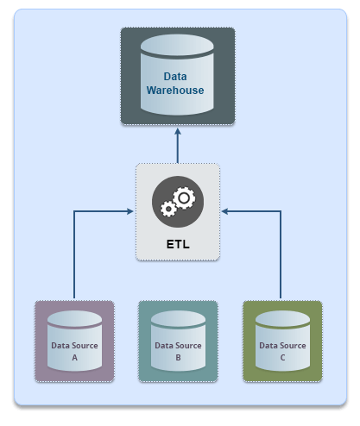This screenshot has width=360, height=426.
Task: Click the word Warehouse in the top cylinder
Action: coord(175,91)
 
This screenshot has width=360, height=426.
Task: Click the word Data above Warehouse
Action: coord(175,77)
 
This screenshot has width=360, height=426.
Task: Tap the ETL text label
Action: coord(178,244)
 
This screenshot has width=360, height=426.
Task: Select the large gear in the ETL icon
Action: coord(184,197)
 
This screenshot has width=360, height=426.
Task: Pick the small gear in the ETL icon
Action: coord(168,209)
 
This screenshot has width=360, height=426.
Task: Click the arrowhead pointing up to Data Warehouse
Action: coord(178,132)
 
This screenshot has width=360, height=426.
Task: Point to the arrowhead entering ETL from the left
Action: coord(130,211)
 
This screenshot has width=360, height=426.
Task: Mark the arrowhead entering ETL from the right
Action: coord(225,211)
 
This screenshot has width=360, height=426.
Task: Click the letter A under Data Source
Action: coord(74,358)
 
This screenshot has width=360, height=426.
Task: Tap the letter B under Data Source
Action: coord(178,358)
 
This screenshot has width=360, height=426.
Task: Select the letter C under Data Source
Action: coord(282,358)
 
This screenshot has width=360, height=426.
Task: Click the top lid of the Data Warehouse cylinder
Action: coord(177,45)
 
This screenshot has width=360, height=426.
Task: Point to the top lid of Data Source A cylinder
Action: coord(74,318)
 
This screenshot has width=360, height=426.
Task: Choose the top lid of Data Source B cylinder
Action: coord(178,318)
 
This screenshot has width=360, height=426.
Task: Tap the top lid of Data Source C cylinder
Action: coord(282,318)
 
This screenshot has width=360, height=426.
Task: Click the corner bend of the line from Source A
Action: coord(74,211)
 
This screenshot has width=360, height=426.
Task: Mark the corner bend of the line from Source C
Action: coord(281,211)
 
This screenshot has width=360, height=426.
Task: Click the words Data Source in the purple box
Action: coord(74,346)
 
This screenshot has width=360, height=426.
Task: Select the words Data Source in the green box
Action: coord(282,346)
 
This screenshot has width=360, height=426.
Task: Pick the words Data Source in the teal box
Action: coord(178,346)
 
